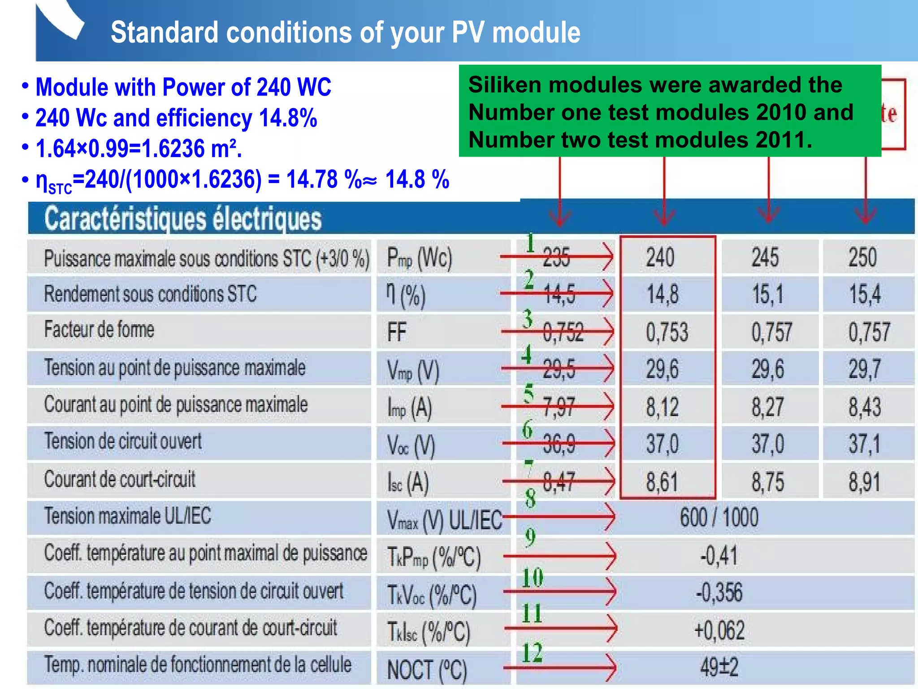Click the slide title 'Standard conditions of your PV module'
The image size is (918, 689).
pyautogui.click(x=345, y=32)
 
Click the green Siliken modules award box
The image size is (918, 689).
pyautogui.click(x=670, y=111)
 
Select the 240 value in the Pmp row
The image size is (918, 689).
pyautogui.click(x=660, y=257)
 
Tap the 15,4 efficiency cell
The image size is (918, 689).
pyautogui.click(x=865, y=295)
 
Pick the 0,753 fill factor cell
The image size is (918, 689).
pyautogui.click(x=667, y=332)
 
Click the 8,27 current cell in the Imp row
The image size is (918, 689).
pyautogui.click(x=767, y=407)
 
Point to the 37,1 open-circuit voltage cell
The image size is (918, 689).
pyautogui.click(x=865, y=444)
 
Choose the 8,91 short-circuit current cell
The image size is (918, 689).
pyautogui.click(x=865, y=482)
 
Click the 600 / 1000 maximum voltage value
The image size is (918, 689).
pyautogui.click(x=719, y=518)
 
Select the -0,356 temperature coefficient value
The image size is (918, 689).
pyautogui.click(x=719, y=592)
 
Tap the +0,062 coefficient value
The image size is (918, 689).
pyautogui.click(x=719, y=630)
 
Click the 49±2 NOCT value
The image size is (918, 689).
pyautogui.click(x=719, y=667)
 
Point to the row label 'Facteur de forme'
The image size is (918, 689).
pyautogui.click(x=99, y=330)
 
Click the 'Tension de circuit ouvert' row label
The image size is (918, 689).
pyautogui.click(x=123, y=441)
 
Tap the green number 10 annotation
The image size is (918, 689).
pyautogui.click(x=533, y=578)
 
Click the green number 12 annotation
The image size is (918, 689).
pyautogui.click(x=533, y=653)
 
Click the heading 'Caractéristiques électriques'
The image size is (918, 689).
pyautogui.click(x=183, y=219)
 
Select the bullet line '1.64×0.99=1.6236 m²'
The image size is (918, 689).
pyautogui.click(x=139, y=148)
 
